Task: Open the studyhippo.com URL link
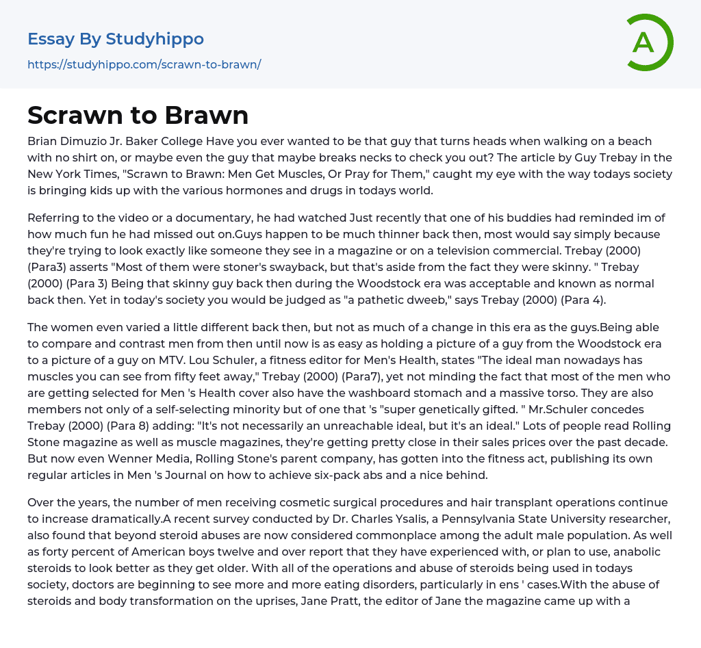(144, 64)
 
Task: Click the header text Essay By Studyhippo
(116, 39)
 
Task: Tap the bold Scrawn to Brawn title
(138, 115)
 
